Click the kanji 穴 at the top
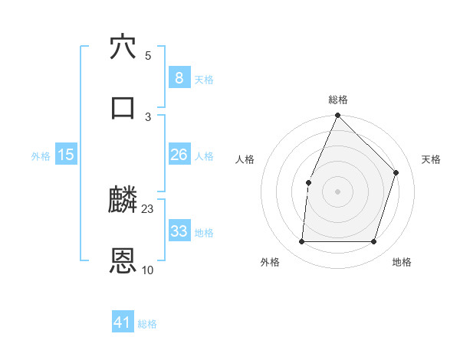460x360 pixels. [x=123, y=47]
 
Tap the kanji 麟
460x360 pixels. [x=123, y=201]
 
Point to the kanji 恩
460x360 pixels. [x=123, y=260]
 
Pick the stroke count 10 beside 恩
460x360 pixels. [x=148, y=270]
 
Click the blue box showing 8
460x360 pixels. [x=179, y=78]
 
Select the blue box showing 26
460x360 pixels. [x=179, y=155]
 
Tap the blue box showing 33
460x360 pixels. [x=179, y=231]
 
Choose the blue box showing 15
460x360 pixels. [x=66, y=155]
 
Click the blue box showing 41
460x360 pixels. [x=123, y=323]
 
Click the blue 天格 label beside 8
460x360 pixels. [x=204, y=80]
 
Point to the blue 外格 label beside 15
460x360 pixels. [x=41, y=156]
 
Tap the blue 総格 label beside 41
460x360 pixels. [x=147, y=325]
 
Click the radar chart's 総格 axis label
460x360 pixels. [x=338, y=100]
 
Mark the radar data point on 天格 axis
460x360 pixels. [x=396, y=172]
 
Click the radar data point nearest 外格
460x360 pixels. [x=301, y=242]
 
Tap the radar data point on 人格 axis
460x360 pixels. [x=308, y=182]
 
